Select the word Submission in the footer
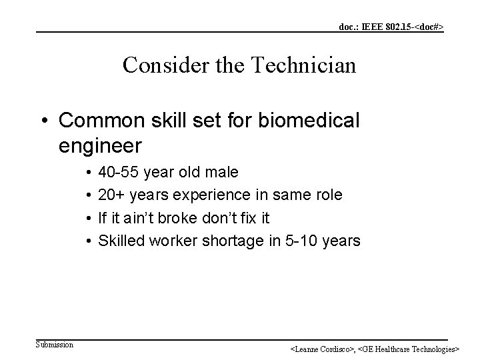(55, 344)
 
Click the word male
(221, 172)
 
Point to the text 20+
(111, 195)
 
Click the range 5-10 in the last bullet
(303, 240)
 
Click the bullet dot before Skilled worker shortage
(88, 240)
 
